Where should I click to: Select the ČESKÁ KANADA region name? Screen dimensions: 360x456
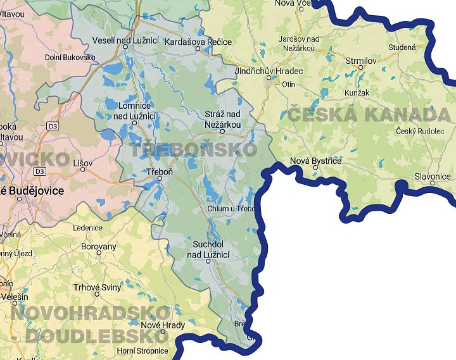click(370, 115)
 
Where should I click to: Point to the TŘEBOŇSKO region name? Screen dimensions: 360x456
click(193, 149)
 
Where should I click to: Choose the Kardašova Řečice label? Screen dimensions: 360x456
click(198, 42)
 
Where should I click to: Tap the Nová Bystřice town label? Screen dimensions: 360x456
click(315, 161)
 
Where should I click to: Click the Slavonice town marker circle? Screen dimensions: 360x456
click(432, 183)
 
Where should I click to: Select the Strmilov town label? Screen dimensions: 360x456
click(362, 59)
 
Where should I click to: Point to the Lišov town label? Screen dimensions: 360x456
click(82, 163)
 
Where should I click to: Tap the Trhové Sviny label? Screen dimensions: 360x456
click(97, 287)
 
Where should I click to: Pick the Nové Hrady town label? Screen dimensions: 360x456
click(163, 325)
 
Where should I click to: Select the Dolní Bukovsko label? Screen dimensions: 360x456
click(70, 58)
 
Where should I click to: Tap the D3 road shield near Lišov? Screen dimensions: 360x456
click(41, 171)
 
